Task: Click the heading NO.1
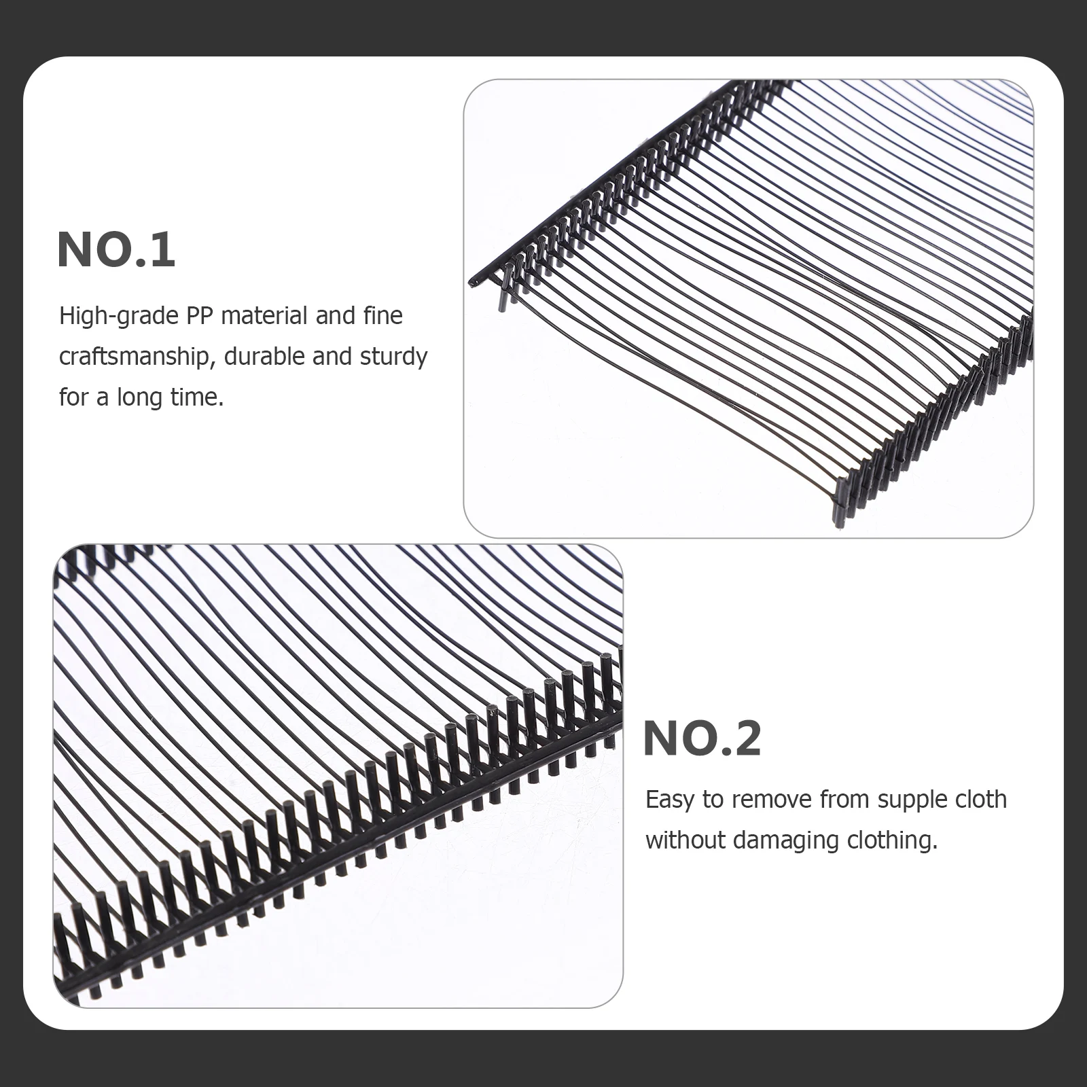coord(116,251)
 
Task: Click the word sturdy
coord(393,357)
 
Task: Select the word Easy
coord(670,800)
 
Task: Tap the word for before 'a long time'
coord(73,397)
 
